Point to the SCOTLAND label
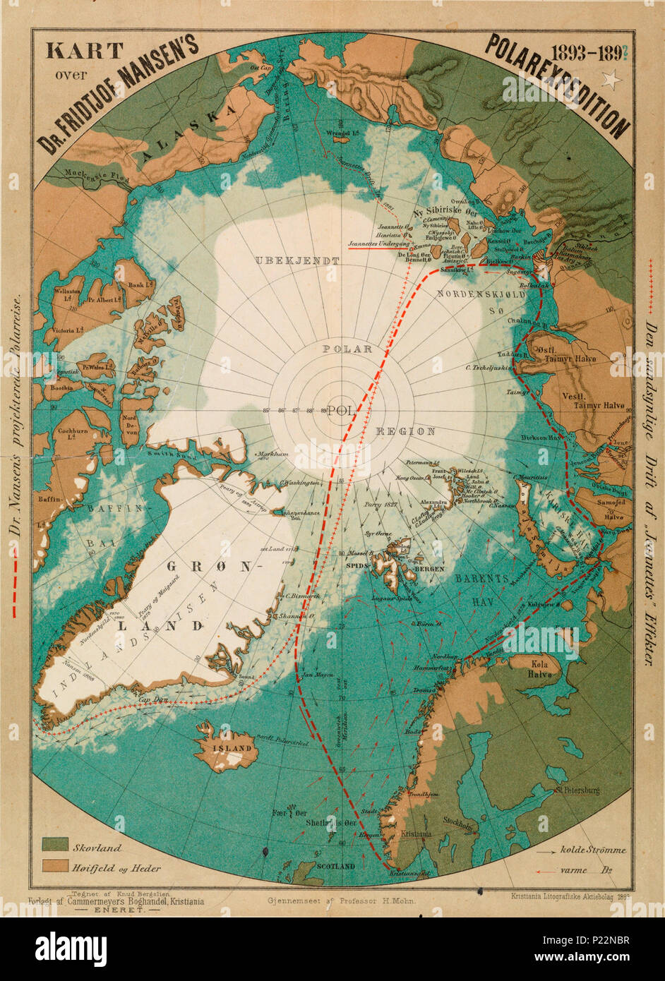(x=335, y=865)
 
